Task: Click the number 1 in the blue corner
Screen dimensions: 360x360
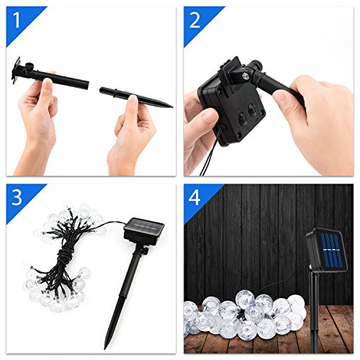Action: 17,20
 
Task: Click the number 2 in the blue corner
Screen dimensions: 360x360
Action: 194,20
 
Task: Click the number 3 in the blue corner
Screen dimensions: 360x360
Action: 17,197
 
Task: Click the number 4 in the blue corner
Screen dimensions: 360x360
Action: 194,197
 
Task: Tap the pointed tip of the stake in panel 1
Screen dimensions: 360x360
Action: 172,107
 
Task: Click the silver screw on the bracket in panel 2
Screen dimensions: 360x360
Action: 246,76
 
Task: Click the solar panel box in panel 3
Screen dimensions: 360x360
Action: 144,230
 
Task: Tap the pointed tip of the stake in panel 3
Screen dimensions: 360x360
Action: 105,348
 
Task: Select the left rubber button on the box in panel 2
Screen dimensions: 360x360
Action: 243,119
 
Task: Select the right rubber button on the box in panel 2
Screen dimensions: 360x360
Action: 253,110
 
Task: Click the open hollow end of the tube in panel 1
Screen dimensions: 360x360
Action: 88,85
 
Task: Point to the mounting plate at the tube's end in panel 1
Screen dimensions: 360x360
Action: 17,71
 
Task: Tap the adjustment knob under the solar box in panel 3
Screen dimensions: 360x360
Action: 145,251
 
